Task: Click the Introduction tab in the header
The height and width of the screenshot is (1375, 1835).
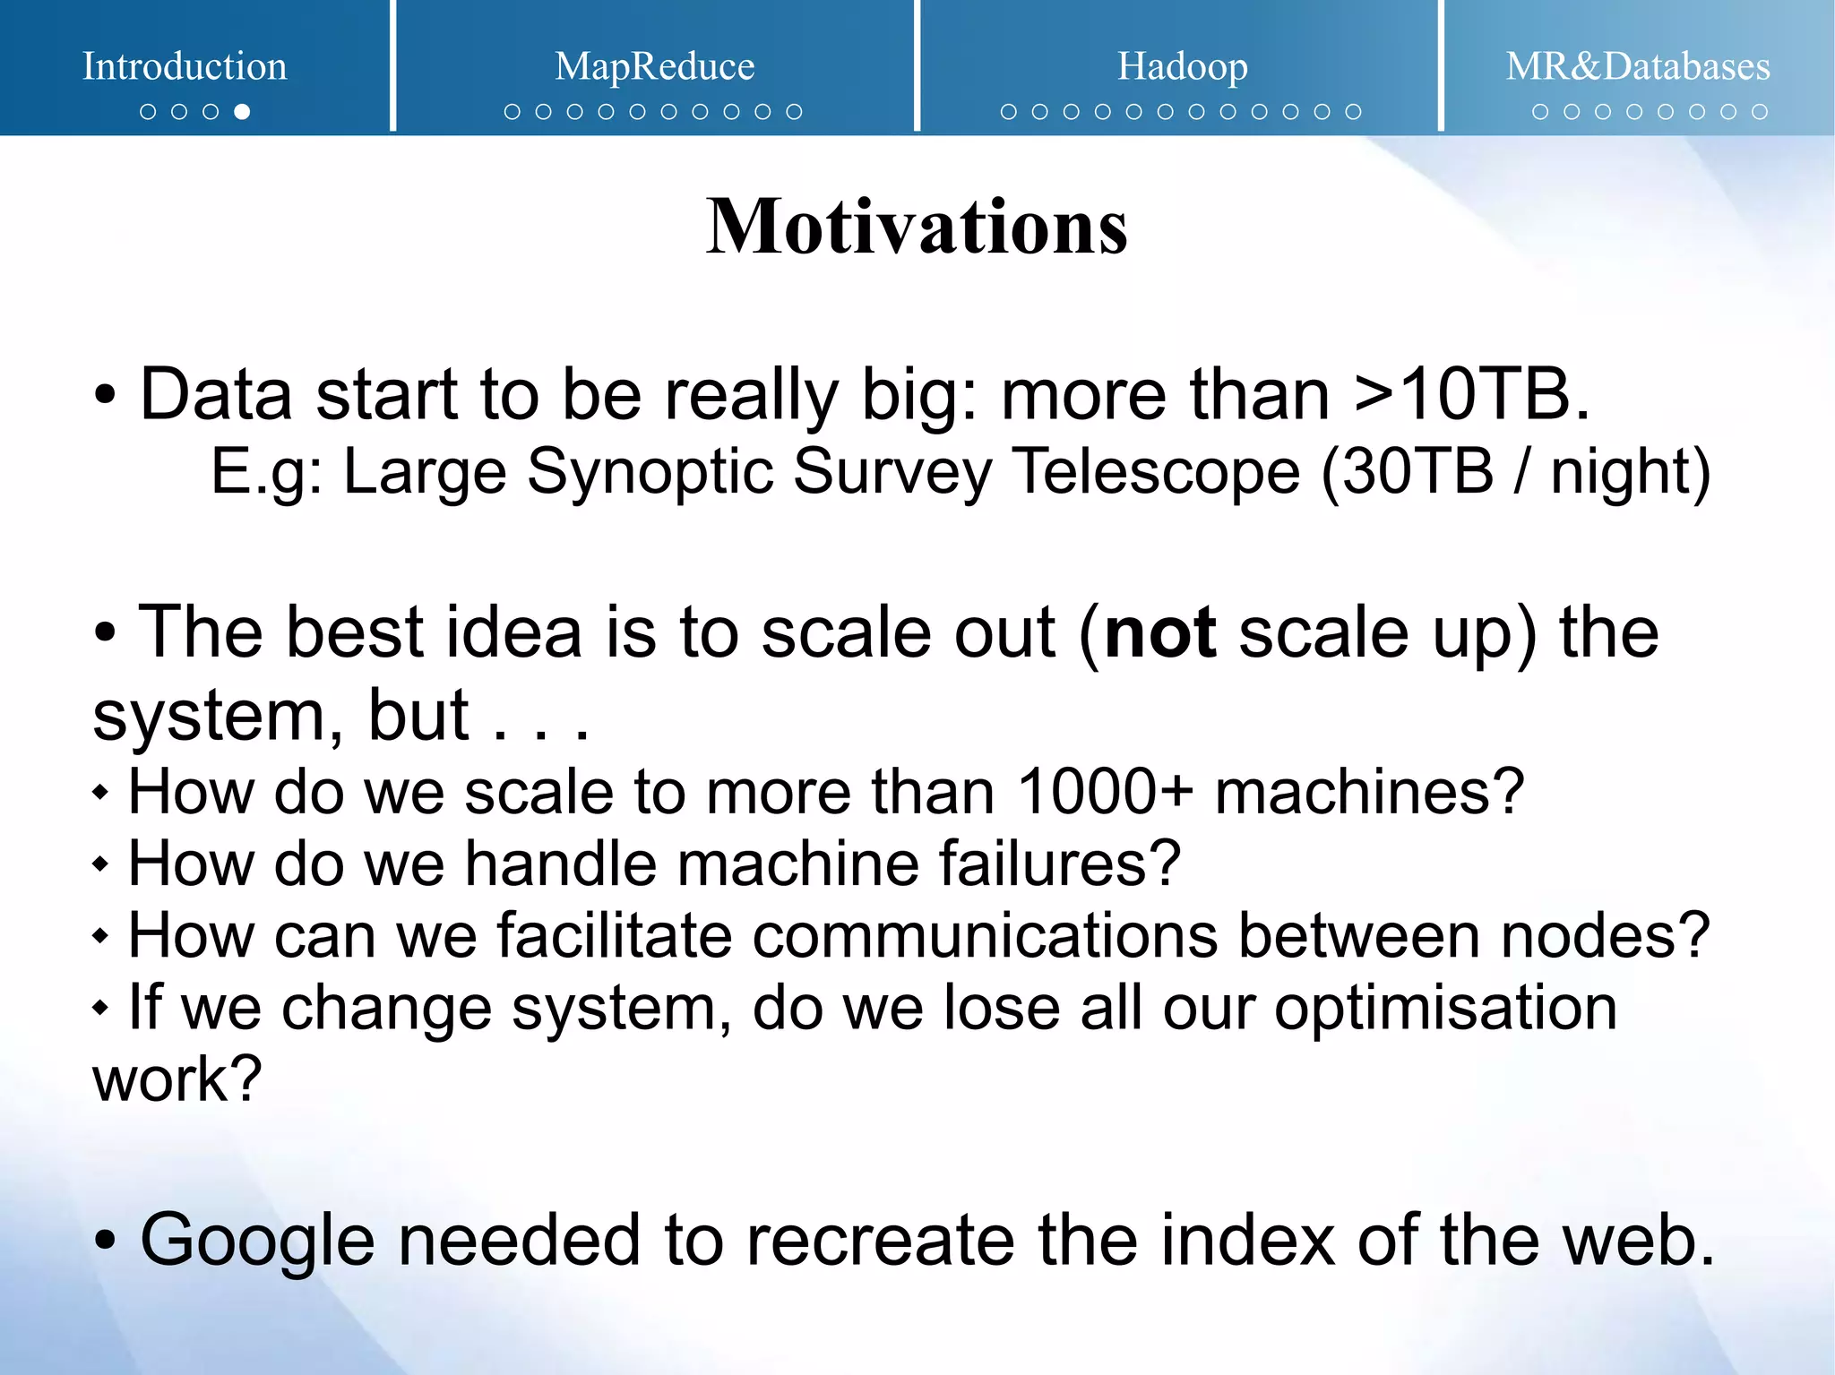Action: click(185, 66)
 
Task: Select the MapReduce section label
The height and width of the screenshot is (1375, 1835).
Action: click(654, 66)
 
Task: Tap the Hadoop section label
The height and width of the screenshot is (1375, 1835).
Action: click(1182, 66)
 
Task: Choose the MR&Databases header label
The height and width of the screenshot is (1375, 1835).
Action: click(1637, 66)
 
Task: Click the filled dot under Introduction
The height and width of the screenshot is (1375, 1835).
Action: click(242, 112)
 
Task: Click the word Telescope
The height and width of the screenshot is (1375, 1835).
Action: click(1155, 471)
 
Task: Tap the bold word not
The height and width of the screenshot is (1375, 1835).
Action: click(1159, 632)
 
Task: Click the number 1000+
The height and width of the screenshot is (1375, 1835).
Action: click(1105, 792)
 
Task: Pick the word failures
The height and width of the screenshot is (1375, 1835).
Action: click(1058, 864)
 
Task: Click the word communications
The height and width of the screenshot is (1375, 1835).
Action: click(985, 935)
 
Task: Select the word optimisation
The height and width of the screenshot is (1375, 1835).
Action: click(1445, 1009)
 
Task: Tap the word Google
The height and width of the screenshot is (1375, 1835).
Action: click(257, 1242)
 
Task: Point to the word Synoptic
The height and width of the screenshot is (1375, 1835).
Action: click(650, 473)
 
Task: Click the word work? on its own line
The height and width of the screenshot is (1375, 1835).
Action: click(177, 1079)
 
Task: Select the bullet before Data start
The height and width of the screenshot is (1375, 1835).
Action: click(105, 395)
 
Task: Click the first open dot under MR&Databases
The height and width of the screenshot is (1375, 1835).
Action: click(1540, 112)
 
